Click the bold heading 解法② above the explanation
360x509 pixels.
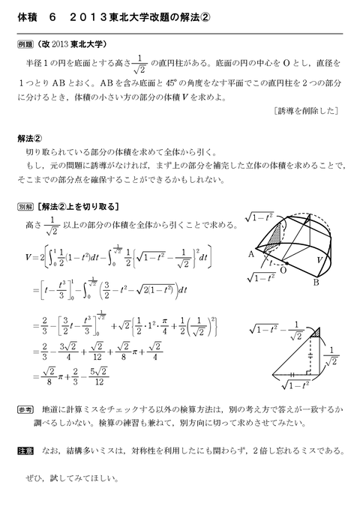point(32,138)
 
